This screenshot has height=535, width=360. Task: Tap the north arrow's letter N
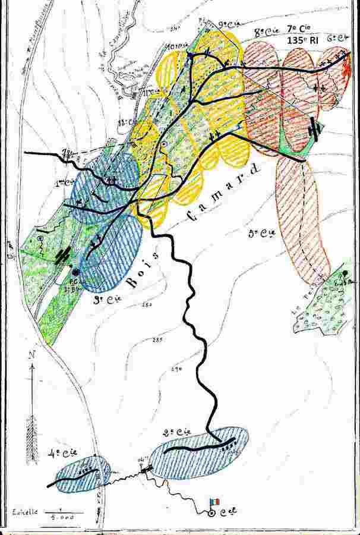pyautogui.click(x=30, y=356)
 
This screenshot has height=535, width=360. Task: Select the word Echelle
pyautogui.click(x=24, y=511)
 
